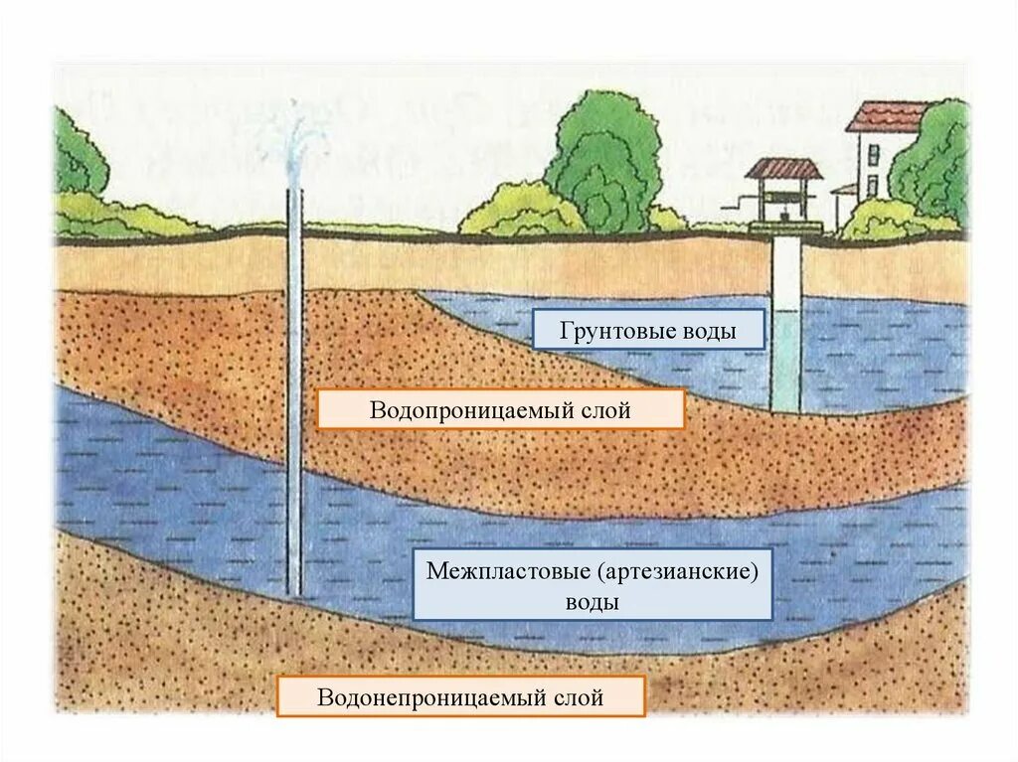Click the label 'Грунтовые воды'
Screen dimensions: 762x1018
[648, 330]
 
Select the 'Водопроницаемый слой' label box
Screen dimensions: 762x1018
[500, 409]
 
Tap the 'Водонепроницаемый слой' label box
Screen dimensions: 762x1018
[460, 696]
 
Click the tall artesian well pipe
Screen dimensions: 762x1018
[294, 397]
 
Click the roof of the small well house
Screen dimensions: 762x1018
[784, 169]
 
